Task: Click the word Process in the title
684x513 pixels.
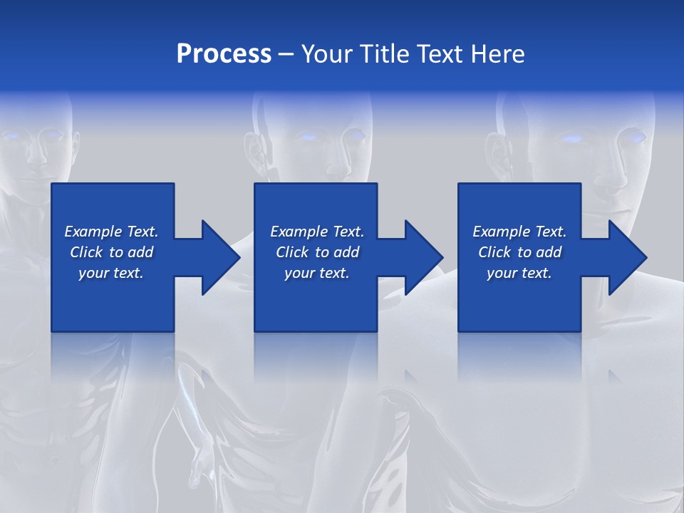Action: click(x=224, y=54)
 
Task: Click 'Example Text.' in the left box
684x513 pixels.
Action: click(x=111, y=232)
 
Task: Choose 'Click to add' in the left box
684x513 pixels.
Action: click(x=111, y=252)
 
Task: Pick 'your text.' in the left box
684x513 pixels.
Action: click(x=111, y=273)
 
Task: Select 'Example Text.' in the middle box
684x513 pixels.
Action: click(x=317, y=232)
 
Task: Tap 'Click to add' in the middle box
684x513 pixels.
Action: click(x=317, y=252)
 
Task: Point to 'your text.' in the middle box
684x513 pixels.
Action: click(x=317, y=273)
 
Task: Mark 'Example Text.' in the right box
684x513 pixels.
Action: click(x=519, y=232)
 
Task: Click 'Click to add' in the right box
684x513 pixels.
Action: click(x=519, y=252)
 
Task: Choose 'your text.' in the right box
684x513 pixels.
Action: click(x=519, y=273)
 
